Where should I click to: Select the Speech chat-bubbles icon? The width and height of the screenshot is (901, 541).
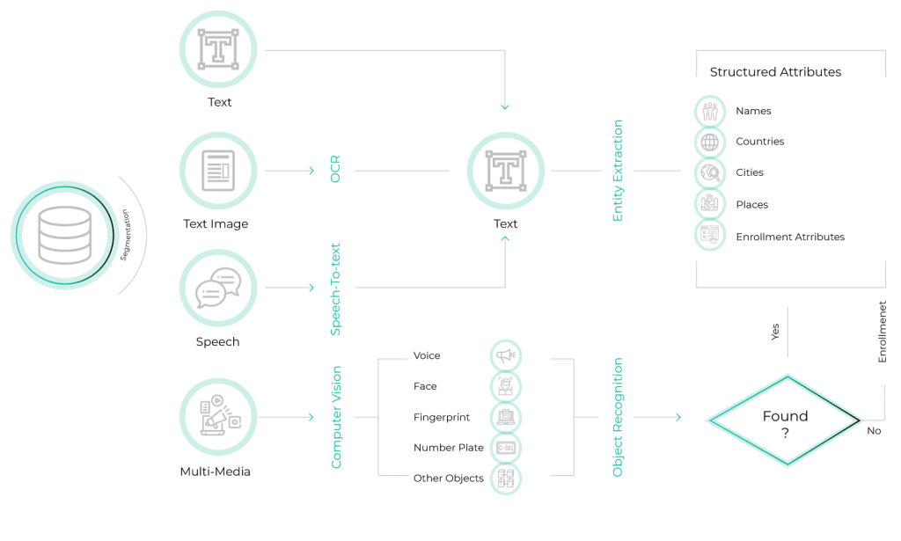click(217, 289)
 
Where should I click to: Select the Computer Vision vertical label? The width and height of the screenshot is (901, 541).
click(336, 417)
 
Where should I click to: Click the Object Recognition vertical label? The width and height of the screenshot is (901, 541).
click(618, 417)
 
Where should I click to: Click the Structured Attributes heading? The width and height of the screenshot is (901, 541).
click(775, 72)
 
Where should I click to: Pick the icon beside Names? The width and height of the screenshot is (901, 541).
click(709, 112)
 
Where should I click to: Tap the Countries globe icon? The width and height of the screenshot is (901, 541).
click(709, 142)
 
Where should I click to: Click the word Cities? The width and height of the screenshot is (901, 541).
click(750, 172)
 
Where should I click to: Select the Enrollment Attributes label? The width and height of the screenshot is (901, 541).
click(790, 237)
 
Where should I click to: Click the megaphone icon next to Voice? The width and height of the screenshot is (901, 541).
click(505, 356)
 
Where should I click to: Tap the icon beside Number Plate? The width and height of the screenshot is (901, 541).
click(505, 448)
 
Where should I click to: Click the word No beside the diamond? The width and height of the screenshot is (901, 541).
click(874, 431)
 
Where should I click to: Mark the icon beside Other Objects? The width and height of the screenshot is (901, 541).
click(505, 479)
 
